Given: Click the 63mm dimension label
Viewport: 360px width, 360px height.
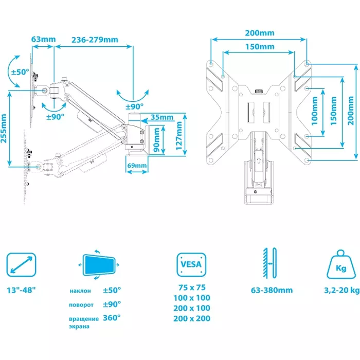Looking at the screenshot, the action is click(43, 39).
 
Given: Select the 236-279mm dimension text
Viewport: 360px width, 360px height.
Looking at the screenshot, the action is click(95, 40).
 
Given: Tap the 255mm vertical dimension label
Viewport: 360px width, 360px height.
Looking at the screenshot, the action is click(4, 129).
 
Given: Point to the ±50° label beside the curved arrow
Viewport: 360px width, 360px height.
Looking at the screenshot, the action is click(20, 72).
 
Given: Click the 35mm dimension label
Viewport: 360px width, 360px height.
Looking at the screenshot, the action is click(162, 117).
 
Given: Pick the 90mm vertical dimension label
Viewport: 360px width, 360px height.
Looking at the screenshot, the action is click(156, 140).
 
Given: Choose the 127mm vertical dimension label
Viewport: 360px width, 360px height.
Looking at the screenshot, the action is click(179, 136).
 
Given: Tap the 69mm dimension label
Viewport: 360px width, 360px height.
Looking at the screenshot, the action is click(137, 165).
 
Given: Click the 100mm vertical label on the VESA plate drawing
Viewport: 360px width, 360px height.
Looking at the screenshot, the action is click(315, 111).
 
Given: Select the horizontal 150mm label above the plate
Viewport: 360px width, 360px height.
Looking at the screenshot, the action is click(260, 47).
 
